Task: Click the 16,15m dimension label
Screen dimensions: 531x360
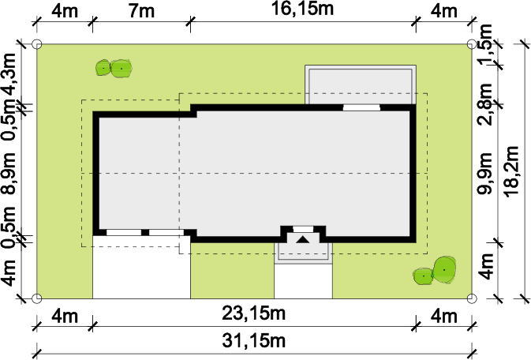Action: click(x=303, y=9)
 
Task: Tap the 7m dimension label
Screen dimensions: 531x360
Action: click(x=141, y=11)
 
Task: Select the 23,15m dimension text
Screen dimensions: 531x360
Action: click(x=253, y=313)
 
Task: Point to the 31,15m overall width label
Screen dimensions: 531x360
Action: click(x=253, y=341)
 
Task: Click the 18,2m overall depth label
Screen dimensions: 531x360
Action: click(x=511, y=171)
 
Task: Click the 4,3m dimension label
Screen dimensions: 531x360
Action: click(x=9, y=75)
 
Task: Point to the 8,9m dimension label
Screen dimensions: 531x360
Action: click(x=9, y=173)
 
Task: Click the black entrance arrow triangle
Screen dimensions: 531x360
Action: click(x=303, y=240)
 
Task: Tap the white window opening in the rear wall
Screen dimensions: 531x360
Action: click(x=361, y=108)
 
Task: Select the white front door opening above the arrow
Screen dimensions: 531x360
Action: click(x=303, y=229)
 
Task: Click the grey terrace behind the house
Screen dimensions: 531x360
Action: click(x=361, y=84)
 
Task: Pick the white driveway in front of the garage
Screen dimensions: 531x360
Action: click(x=141, y=268)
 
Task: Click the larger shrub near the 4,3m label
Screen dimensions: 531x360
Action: click(x=122, y=69)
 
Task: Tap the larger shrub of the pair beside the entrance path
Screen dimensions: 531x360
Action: click(x=444, y=270)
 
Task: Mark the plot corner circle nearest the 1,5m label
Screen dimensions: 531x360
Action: click(x=472, y=44)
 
